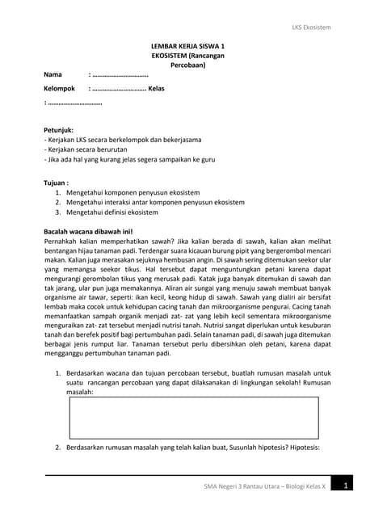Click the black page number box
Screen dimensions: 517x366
(345, 486)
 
